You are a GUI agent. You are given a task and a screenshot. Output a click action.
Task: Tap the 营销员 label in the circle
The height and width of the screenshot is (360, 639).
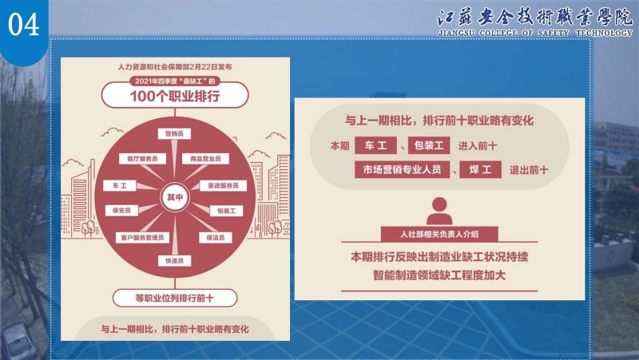tap(174, 133)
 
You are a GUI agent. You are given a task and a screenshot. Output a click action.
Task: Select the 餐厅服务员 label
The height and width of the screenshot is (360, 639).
tap(142, 158)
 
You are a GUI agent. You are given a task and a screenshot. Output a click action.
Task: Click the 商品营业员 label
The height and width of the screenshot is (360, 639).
tap(205, 158)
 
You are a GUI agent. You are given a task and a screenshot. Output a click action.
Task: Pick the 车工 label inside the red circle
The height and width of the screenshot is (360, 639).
tap(119, 186)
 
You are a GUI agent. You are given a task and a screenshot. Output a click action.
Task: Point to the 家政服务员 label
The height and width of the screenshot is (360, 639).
tap(224, 186)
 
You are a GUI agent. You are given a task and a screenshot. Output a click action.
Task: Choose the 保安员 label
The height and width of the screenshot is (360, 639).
tap(121, 211)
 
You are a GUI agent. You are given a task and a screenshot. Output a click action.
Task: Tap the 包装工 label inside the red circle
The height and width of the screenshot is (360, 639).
tap(226, 211)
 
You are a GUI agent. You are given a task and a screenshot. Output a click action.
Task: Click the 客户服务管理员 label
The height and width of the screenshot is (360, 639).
tap(142, 237)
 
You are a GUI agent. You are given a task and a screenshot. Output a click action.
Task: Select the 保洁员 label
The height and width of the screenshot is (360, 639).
tap(216, 237)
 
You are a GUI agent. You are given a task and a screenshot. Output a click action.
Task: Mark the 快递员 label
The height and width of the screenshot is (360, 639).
tap(174, 261)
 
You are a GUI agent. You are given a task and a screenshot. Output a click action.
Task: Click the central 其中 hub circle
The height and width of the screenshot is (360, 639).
tap(175, 197)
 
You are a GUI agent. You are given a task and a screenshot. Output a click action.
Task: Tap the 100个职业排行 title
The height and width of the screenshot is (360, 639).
tap(175, 96)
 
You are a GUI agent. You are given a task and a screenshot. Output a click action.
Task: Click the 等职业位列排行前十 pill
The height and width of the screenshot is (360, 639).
tap(175, 298)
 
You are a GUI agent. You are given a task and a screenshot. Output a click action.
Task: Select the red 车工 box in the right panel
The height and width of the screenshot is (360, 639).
tap(375, 145)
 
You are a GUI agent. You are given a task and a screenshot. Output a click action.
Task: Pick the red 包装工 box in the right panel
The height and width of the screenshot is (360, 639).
tap(429, 145)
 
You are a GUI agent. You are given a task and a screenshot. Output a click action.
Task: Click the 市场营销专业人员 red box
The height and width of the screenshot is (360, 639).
tap(402, 170)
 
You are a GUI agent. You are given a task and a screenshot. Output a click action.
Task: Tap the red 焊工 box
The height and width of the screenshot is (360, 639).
tap(481, 170)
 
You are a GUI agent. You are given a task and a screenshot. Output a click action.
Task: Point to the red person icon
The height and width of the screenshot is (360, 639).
tap(439, 211)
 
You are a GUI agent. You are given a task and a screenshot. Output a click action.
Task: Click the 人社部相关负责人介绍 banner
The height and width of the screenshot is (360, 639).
tap(439, 234)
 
